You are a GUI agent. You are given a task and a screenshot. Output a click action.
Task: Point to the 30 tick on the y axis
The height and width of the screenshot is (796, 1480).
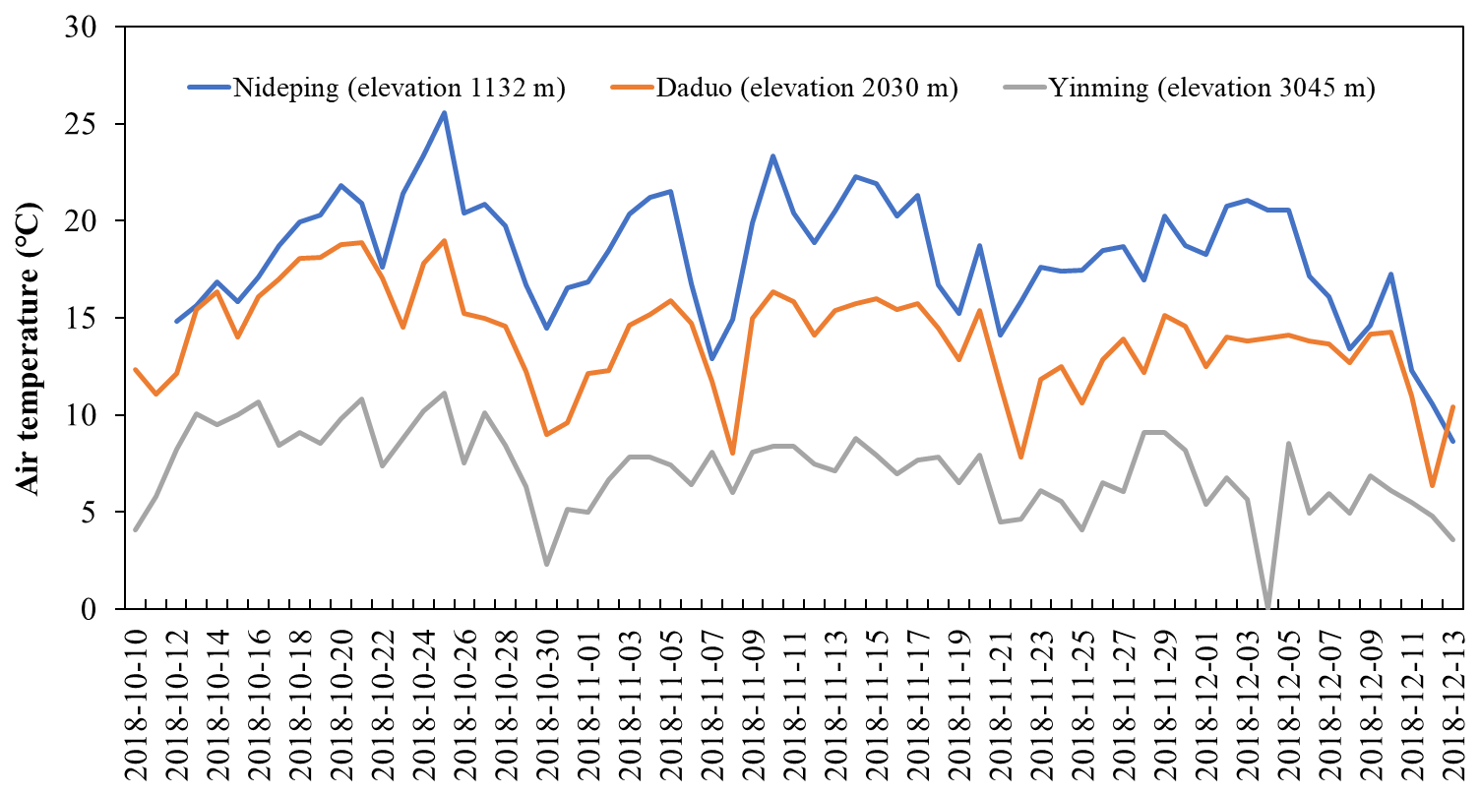coord(90,28)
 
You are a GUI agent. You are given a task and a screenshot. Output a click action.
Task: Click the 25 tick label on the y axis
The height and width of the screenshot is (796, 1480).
coord(90,125)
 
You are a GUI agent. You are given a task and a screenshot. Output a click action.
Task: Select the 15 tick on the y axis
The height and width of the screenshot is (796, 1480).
coord(90,319)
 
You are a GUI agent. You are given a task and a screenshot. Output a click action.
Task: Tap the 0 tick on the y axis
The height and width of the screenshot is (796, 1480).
coord(98,610)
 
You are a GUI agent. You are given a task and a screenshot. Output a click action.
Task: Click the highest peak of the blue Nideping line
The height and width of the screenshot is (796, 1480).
coord(444,112)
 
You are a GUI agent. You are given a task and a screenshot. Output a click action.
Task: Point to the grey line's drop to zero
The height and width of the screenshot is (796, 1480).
coord(1267,608)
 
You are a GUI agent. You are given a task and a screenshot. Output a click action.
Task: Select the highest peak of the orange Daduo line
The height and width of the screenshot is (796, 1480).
coord(444,240)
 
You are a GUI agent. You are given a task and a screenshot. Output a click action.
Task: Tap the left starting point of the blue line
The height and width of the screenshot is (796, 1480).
coord(177,321)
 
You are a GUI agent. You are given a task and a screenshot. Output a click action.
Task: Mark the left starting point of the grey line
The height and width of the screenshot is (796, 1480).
coord(136,529)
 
